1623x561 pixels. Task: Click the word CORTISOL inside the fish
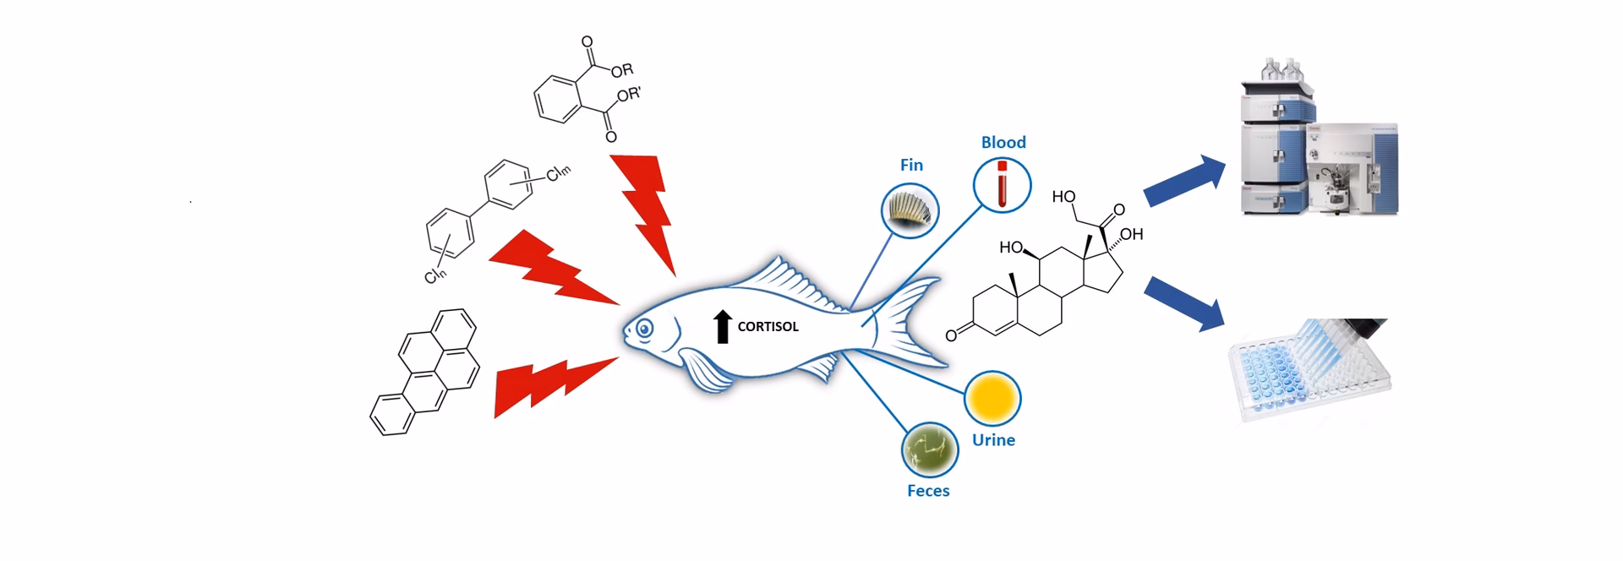point(768,327)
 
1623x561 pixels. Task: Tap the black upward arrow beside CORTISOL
point(722,326)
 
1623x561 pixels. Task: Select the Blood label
point(1003,142)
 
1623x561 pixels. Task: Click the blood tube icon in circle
point(1002,184)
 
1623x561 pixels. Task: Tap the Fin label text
point(911,165)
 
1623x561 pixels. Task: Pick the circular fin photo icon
point(910,210)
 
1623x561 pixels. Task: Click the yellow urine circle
point(992,398)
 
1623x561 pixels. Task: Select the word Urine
point(993,440)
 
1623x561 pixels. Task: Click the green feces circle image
point(930,449)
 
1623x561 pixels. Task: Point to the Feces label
point(928,491)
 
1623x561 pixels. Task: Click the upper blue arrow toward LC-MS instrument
point(1184,181)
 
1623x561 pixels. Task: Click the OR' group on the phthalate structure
point(629,95)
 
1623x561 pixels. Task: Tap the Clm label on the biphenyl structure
point(558,174)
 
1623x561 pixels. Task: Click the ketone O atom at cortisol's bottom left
point(951,336)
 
